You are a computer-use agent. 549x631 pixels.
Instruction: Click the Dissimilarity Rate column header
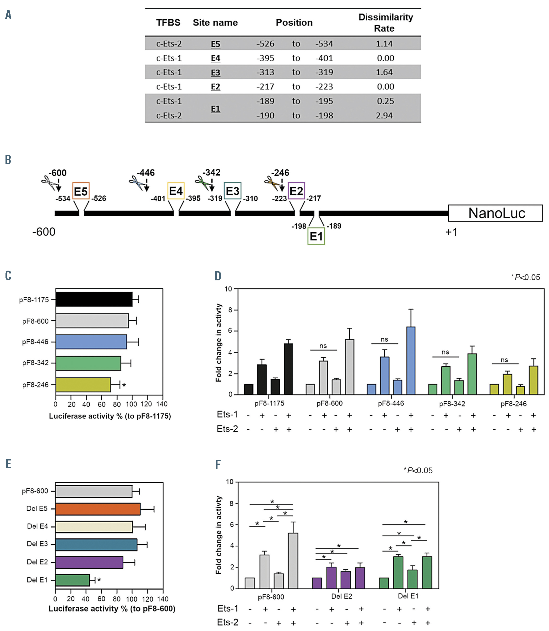(x=386, y=23)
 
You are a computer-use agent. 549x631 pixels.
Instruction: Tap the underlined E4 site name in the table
(x=215, y=58)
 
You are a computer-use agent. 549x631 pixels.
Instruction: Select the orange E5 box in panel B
(x=81, y=191)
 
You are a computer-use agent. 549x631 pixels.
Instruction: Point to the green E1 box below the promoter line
(x=316, y=236)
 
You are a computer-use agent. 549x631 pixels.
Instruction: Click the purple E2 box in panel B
(x=296, y=191)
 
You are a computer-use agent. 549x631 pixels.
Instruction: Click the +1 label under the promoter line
(x=451, y=232)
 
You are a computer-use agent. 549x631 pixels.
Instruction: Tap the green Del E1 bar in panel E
(x=73, y=580)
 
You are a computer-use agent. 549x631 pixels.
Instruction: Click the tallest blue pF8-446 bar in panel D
(x=411, y=361)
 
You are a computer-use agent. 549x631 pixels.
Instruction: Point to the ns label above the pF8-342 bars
(x=445, y=352)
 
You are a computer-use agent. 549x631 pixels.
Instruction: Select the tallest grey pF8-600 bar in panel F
(x=293, y=561)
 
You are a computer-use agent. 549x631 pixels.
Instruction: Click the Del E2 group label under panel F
(x=342, y=596)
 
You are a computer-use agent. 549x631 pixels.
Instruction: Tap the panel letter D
(x=218, y=276)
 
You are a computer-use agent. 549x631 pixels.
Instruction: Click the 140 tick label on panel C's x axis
(x=162, y=404)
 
